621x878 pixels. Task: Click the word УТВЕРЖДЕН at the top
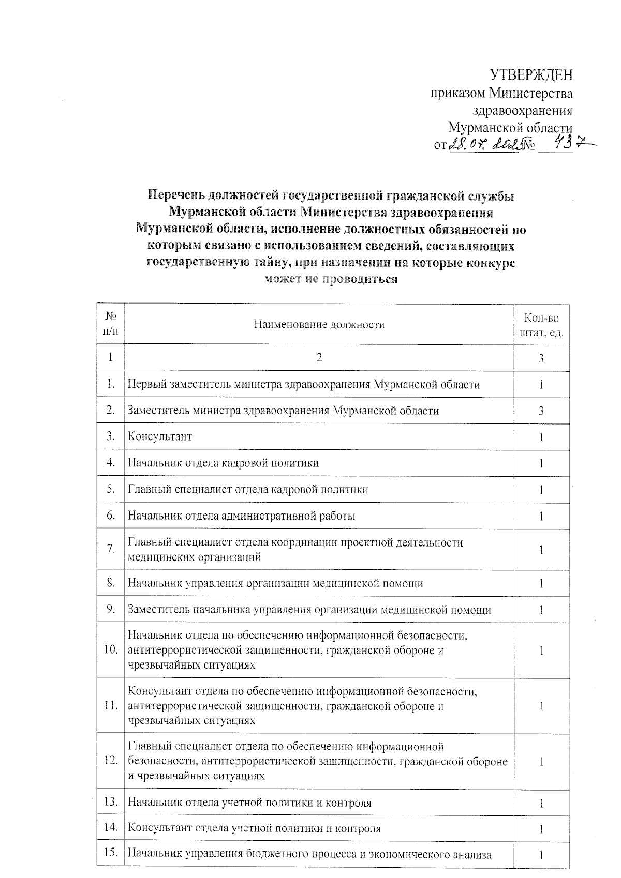tap(531, 75)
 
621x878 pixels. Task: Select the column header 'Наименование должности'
tap(319, 325)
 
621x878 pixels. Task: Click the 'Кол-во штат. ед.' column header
tap(541, 325)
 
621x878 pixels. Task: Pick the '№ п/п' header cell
tap(110, 324)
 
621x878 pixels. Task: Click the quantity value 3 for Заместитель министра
tap(541, 411)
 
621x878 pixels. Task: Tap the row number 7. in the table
tap(111, 549)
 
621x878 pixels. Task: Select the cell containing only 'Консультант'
tap(160, 437)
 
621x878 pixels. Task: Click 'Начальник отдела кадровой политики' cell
tap(223, 463)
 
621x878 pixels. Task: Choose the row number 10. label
tap(111, 650)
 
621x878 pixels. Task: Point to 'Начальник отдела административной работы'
tap(242, 516)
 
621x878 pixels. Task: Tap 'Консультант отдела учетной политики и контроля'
tap(254, 828)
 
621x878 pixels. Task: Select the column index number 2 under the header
tap(319, 358)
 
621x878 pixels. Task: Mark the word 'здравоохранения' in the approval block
tap(523, 110)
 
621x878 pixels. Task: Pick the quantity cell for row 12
tap(541, 761)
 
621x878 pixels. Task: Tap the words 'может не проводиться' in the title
tap(331, 279)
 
